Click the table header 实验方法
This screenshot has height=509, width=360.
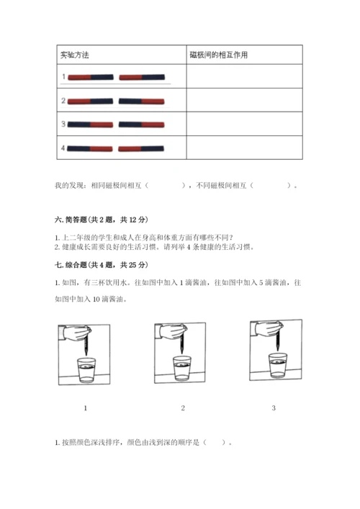pos(75,55)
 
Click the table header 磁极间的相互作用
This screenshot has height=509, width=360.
pos(219,55)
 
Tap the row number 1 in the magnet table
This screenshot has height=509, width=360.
pos(63,76)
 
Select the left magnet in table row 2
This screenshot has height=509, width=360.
pos(90,102)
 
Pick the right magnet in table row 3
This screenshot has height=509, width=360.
pos(142,125)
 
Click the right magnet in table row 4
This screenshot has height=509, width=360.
pos(141,149)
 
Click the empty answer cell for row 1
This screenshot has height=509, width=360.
pos(244,76)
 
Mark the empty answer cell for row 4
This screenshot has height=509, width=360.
pos(244,148)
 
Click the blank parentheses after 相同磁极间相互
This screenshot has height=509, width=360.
pos(165,185)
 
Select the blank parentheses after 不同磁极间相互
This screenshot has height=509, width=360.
pos(271,185)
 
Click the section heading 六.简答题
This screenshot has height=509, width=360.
pos(102,220)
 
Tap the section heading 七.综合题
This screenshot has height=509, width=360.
pos(102,265)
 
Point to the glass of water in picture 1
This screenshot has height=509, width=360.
pos(86,370)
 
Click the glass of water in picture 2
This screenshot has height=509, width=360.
pos(182,368)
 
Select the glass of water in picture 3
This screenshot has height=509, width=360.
pos(278,366)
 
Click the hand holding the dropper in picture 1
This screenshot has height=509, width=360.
pos(76,333)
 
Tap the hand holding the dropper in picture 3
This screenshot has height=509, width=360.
pos(268,329)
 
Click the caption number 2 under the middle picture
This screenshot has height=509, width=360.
pos(183,408)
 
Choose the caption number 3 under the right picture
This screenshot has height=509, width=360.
pos(274,408)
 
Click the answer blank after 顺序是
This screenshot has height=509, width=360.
pos(215,442)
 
